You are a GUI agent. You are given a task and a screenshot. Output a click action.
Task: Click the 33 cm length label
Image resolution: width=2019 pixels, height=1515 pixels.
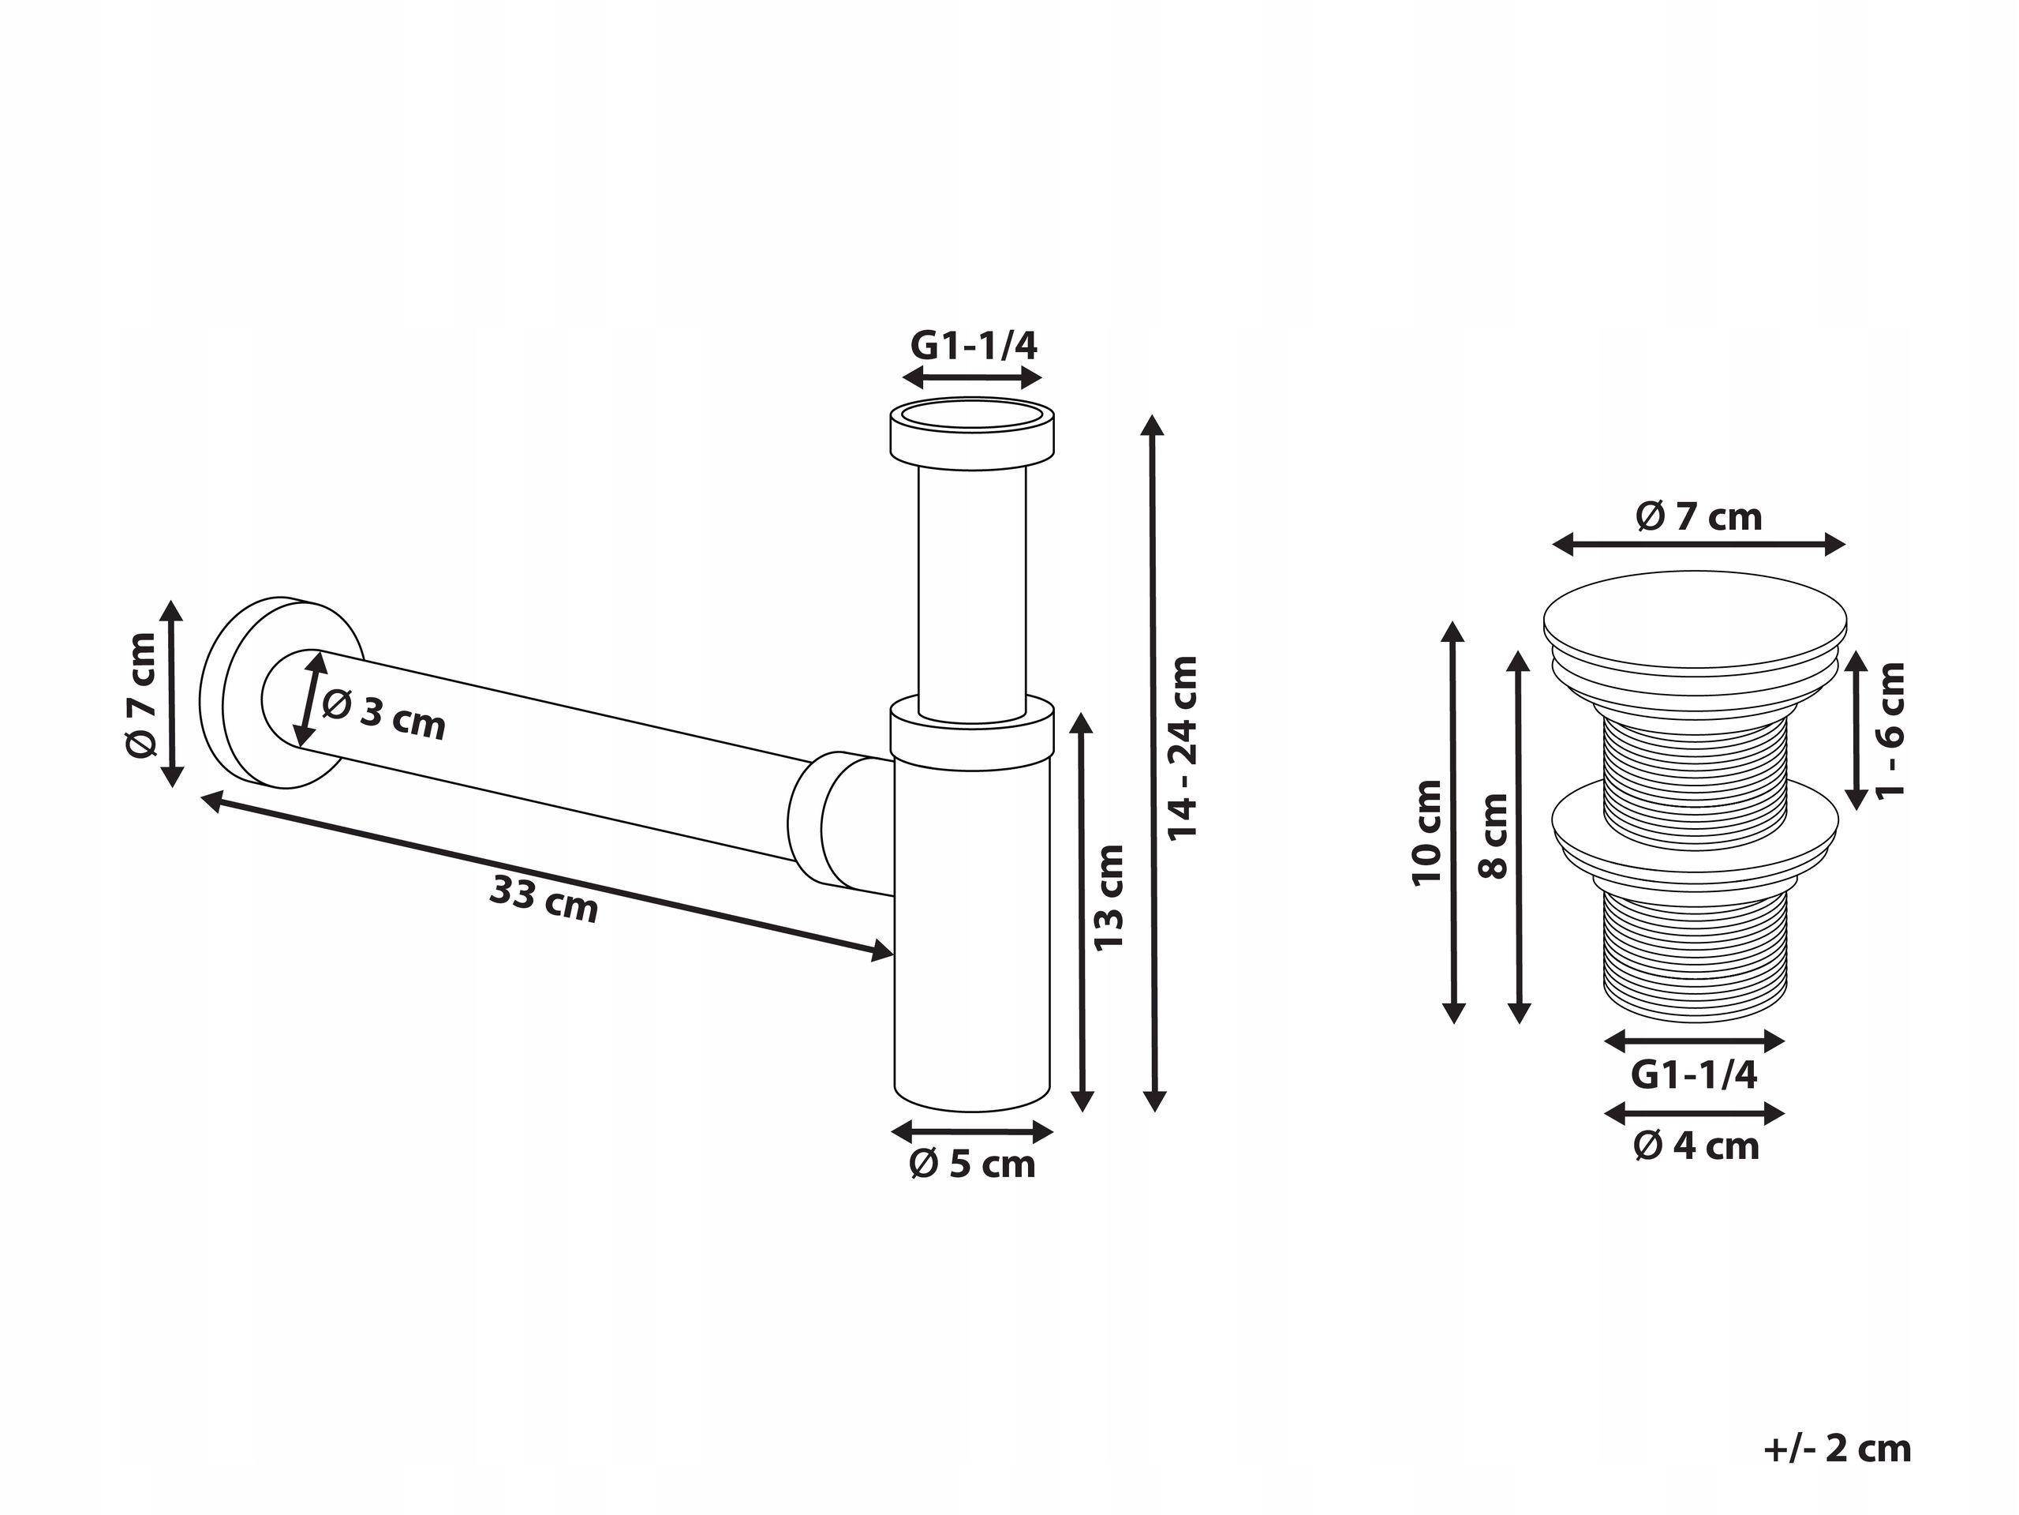tap(544, 898)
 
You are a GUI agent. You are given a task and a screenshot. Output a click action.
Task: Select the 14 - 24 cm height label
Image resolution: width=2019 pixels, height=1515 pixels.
tap(1183, 748)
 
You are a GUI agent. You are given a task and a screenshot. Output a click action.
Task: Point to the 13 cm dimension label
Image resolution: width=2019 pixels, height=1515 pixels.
tap(1109, 898)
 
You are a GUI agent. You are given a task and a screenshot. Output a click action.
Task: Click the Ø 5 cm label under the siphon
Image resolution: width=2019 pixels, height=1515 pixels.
tap(972, 1164)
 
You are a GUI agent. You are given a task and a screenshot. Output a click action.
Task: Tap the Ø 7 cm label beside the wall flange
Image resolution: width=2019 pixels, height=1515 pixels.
tap(141, 695)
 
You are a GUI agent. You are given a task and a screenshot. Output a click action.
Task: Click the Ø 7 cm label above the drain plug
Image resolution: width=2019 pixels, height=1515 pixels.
tap(1699, 517)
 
